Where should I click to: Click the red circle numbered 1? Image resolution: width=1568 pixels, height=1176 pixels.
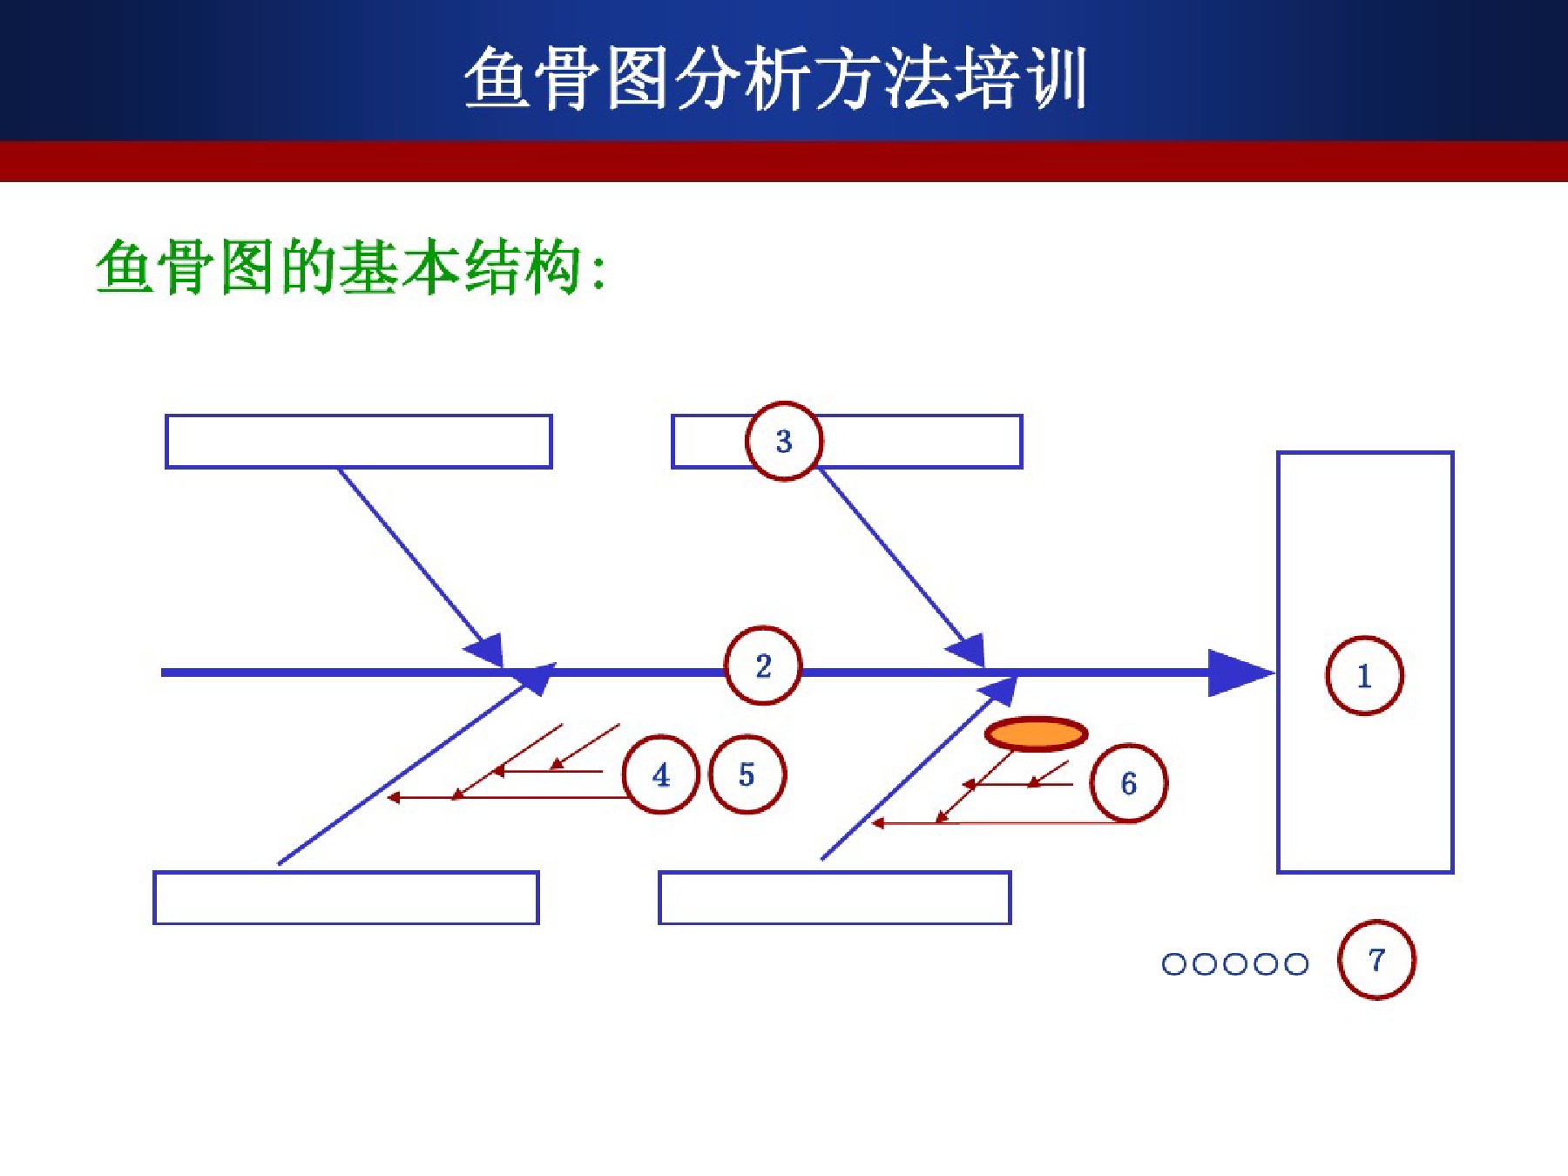click(x=1364, y=675)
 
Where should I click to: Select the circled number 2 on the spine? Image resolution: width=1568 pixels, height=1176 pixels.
click(x=763, y=666)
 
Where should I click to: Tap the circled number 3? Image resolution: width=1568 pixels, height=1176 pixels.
click(x=784, y=441)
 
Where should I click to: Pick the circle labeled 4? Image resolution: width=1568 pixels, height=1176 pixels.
click(x=661, y=774)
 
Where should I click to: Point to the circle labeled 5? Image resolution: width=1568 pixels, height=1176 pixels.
click(x=747, y=774)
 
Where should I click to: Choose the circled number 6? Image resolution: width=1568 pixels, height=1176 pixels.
click(x=1129, y=783)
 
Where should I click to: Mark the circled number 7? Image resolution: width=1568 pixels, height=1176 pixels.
click(x=1376, y=960)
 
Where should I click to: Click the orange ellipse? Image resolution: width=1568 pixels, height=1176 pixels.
click(x=1036, y=734)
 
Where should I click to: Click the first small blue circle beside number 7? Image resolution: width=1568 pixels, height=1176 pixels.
click(x=1174, y=964)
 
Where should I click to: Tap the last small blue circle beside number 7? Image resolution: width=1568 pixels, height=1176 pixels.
click(x=1296, y=964)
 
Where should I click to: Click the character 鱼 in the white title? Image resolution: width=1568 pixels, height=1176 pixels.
click(x=497, y=78)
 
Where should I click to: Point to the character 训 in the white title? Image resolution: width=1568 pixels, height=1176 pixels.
click(x=1055, y=78)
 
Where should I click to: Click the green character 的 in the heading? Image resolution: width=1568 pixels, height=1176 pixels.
click(x=309, y=266)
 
